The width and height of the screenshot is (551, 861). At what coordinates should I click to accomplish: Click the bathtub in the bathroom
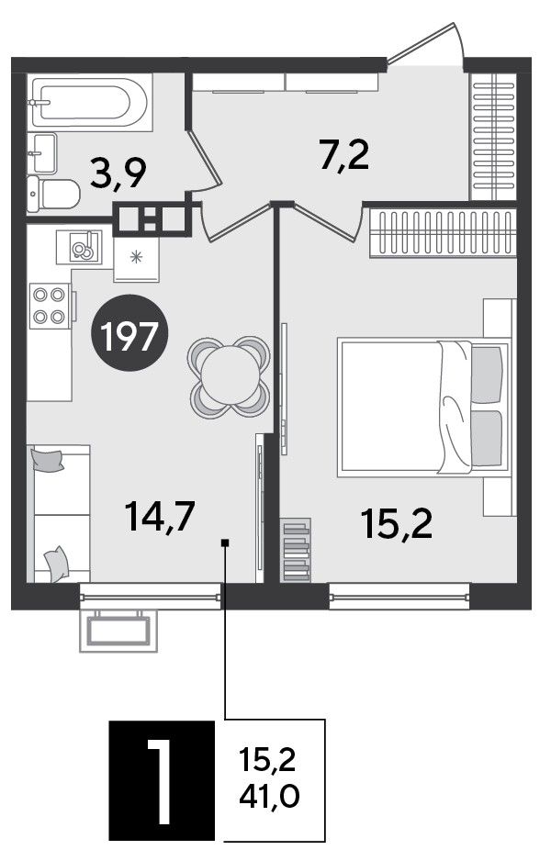[x=90, y=102]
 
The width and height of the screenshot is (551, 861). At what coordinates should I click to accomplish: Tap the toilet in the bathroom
[x=53, y=194]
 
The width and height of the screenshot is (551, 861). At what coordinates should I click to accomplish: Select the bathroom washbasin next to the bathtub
[x=41, y=152]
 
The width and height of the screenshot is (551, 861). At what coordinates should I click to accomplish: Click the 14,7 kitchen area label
[x=159, y=518]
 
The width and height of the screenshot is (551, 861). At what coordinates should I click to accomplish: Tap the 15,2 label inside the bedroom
[x=397, y=523]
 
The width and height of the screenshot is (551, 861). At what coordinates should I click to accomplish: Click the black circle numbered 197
[x=130, y=336]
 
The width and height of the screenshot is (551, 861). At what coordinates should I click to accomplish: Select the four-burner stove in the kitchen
[x=50, y=306]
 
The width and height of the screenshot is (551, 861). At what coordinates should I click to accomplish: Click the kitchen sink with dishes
[x=79, y=247]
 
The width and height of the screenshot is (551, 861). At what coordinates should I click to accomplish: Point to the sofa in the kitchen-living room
[x=59, y=513]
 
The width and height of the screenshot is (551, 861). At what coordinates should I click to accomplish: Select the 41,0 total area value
[x=269, y=796]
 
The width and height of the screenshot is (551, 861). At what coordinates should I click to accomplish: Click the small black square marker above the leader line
[x=225, y=542]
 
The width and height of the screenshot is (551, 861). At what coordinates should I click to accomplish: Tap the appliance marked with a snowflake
[x=136, y=259]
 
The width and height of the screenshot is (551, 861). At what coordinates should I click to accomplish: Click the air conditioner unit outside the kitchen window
[x=118, y=631]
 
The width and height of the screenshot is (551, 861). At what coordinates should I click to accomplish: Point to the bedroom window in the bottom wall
[x=399, y=595]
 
